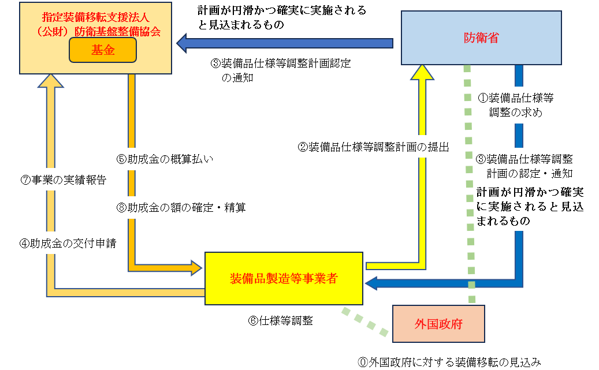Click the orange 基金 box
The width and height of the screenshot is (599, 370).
point(102,50)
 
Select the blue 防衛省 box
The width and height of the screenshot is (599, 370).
point(481,38)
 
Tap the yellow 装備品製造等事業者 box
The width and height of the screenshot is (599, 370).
point(283,278)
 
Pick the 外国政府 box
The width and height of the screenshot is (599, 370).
point(438,324)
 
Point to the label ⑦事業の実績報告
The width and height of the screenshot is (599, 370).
point(63,180)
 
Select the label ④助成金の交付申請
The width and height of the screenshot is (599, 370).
point(67,244)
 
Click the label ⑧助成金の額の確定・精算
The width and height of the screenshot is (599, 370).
point(181,207)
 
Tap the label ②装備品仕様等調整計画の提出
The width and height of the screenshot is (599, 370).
point(373,147)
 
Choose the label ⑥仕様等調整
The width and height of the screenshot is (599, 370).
point(280,321)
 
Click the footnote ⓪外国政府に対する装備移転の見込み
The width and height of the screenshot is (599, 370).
point(449,362)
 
